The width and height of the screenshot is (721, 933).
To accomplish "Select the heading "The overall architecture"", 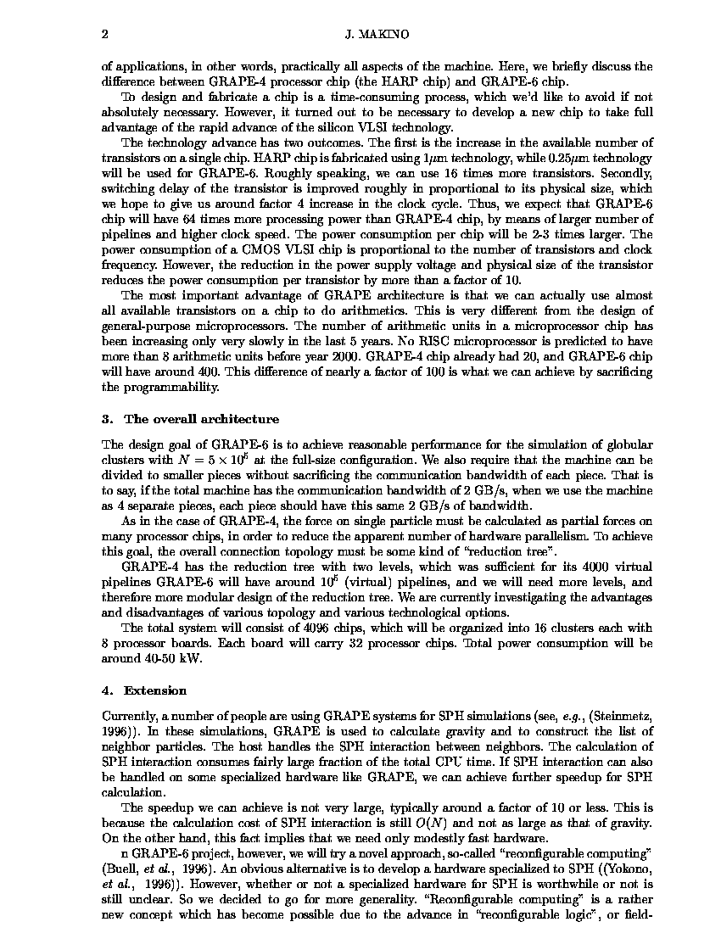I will pos(201,419).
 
